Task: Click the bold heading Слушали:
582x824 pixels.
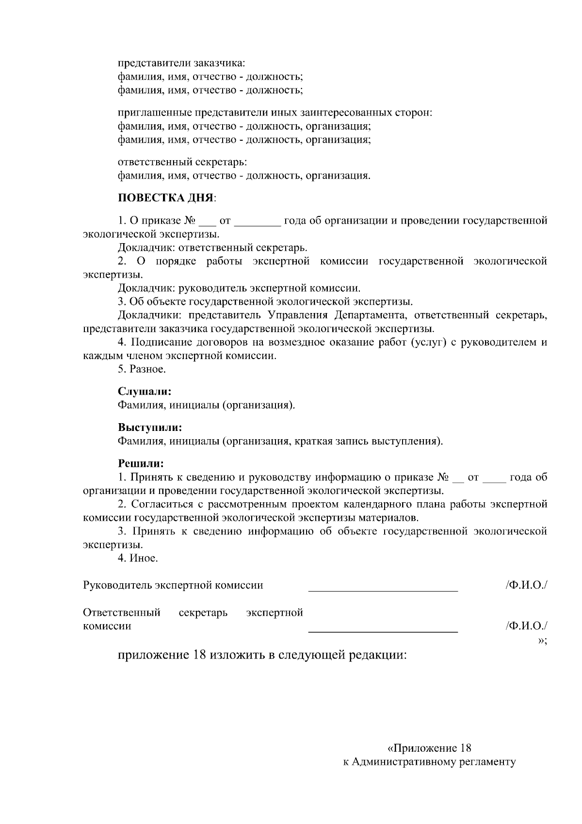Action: point(144,391)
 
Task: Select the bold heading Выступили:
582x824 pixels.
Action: point(150,428)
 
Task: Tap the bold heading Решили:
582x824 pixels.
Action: point(141,464)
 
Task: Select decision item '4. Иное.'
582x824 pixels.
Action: point(138,558)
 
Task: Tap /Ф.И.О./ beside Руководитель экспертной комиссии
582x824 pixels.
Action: point(526,585)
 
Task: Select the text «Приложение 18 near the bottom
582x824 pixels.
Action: point(430,748)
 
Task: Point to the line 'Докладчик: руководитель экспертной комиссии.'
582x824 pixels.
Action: point(239,288)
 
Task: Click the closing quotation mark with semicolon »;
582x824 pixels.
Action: point(543,641)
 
